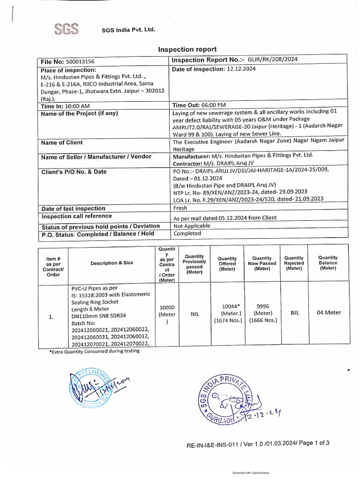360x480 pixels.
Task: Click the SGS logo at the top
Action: click(x=66, y=30)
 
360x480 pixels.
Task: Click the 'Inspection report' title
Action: click(x=187, y=49)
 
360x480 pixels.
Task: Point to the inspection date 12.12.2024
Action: click(x=242, y=69)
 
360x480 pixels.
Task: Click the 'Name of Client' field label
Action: click(x=62, y=142)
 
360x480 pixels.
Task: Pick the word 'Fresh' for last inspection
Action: click(x=180, y=208)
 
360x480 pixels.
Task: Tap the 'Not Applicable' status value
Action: click(x=192, y=225)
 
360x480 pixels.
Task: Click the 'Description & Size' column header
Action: click(x=112, y=263)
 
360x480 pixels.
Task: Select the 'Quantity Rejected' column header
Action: click(x=294, y=263)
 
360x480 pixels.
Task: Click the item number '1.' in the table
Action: click(x=51, y=317)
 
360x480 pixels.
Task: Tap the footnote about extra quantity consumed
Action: click(x=94, y=351)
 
